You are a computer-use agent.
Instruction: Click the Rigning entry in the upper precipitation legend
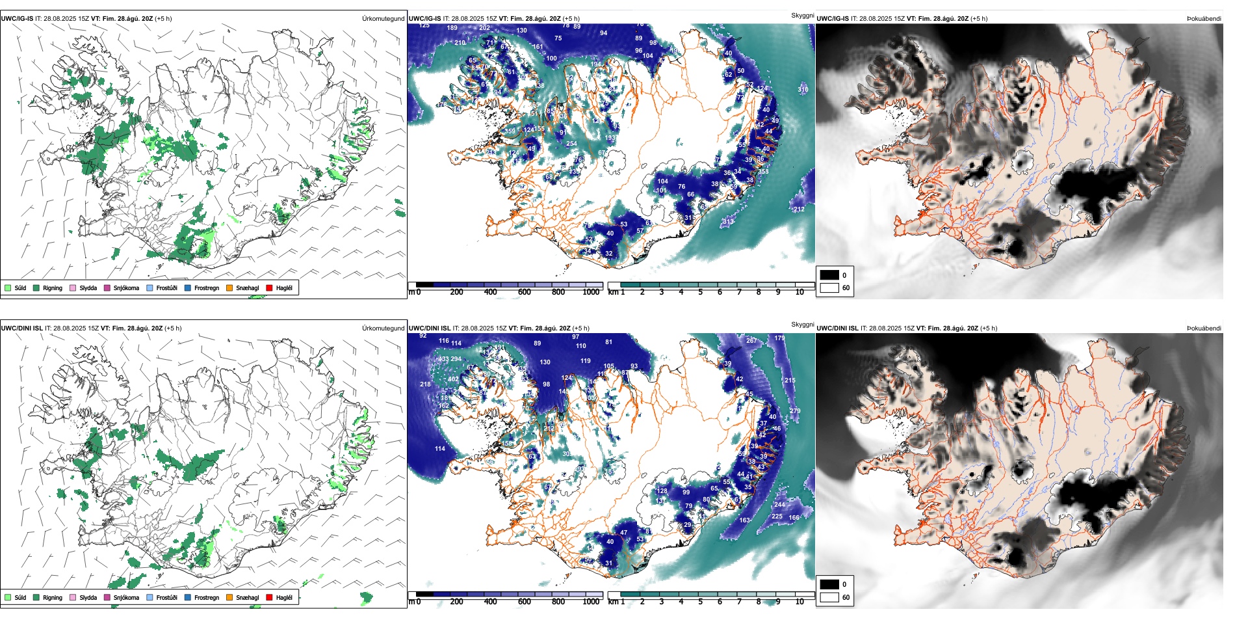pyautogui.click(x=52, y=288)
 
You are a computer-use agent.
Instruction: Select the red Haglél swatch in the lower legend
pyautogui.click(x=269, y=598)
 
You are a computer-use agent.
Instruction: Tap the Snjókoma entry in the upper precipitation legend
pyautogui.click(x=126, y=288)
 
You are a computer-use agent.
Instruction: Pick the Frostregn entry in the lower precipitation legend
pyautogui.click(x=206, y=598)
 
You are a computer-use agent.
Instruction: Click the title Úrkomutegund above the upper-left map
pyautogui.click(x=383, y=19)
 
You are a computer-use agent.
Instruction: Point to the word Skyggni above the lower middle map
pyautogui.click(x=802, y=325)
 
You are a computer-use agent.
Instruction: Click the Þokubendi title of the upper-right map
pyautogui.click(x=1204, y=19)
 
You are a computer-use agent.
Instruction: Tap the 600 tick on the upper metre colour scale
pyautogui.click(x=525, y=292)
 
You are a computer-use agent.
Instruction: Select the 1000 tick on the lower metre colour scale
pyautogui.click(x=591, y=602)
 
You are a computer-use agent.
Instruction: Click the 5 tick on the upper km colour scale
pyautogui.click(x=700, y=292)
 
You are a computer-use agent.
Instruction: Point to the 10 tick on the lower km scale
pyautogui.click(x=799, y=602)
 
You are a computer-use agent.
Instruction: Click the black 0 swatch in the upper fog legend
pyautogui.click(x=829, y=275)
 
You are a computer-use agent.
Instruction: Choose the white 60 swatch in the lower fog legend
pyautogui.click(x=829, y=597)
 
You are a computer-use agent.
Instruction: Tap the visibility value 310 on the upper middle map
pyautogui.click(x=803, y=90)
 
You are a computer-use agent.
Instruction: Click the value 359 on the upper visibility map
pyautogui.click(x=510, y=131)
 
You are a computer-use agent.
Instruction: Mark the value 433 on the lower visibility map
pyautogui.click(x=444, y=360)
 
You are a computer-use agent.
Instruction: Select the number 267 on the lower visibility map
pyautogui.click(x=751, y=341)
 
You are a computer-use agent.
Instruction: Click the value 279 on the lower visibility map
pyautogui.click(x=795, y=411)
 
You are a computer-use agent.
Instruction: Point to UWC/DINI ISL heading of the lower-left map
pyautogui.click(x=21, y=329)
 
